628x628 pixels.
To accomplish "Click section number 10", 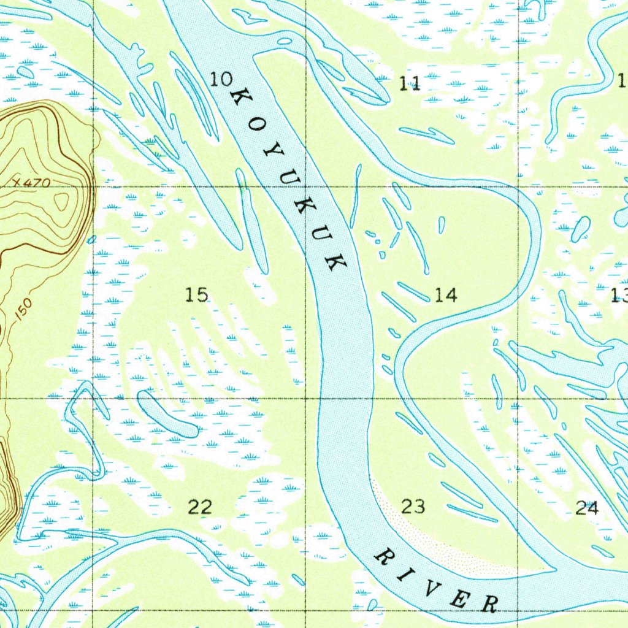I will pos(221,78).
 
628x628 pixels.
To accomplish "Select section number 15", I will pos(197,295).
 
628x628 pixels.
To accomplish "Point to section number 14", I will pos(446,296).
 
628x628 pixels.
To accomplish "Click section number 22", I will pos(200,507).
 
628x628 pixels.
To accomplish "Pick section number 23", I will pos(413,507).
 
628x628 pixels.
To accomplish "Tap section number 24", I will pos(587,508).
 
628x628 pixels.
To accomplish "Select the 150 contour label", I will pos(23,312).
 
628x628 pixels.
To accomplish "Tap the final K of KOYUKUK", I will pos(335,262).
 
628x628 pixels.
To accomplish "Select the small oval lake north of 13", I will pos(581,229).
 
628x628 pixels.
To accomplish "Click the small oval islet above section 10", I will pos(284,41).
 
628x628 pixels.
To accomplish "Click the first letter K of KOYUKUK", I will pos(241,96).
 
